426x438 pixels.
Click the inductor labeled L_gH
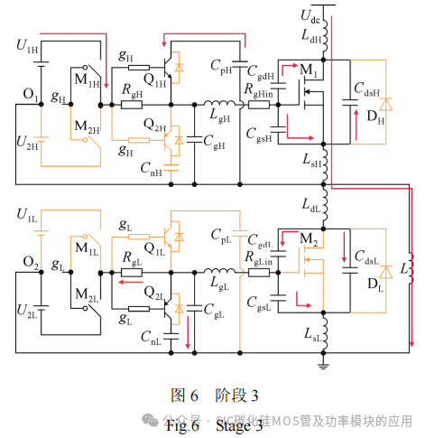click(x=216, y=104)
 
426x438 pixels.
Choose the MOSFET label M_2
click(x=310, y=238)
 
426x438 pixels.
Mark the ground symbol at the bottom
click(x=324, y=363)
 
